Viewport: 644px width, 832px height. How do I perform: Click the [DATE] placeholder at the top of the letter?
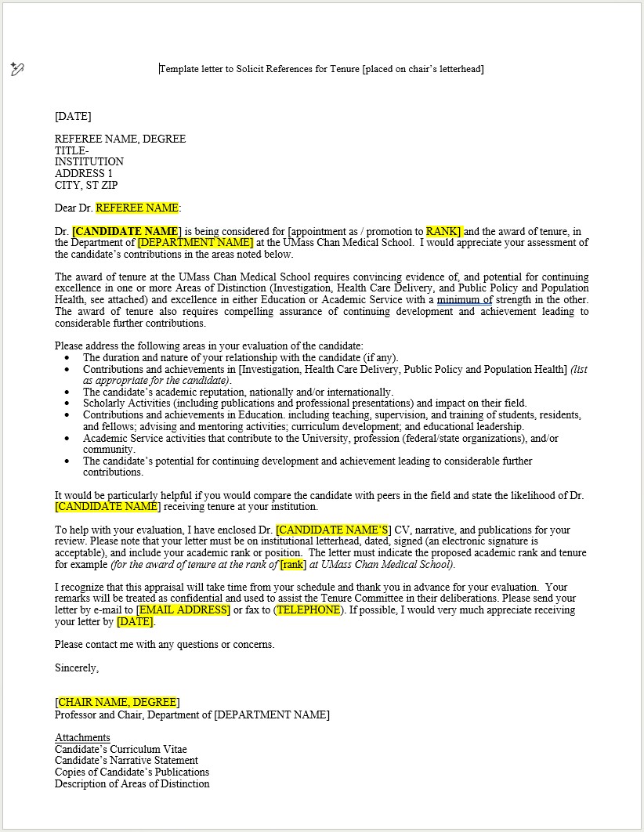[x=73, y=117]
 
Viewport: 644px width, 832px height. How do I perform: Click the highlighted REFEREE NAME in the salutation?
[x=137, y=208]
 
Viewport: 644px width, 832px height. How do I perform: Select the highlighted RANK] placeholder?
[x=443, y=232]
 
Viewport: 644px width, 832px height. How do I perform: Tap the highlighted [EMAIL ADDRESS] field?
[x=183, y=610]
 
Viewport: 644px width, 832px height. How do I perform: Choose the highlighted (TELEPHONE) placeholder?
[x=308, y=610]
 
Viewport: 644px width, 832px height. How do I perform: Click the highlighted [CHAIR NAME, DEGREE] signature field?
[x=118, y=703]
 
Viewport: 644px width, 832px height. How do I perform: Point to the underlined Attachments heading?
[x=82, y=738]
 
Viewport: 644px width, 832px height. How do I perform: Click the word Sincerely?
[x=77, y=668]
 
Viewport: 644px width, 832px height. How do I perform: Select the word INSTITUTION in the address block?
[x=89, y=162]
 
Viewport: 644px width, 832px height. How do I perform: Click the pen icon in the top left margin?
[x=17, y=70]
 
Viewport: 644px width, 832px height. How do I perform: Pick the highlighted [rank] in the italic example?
[x=293, y=565]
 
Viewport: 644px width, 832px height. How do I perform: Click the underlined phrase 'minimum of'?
[x=465, y=300]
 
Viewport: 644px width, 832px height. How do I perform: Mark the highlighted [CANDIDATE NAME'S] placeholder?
[x=333, y=530]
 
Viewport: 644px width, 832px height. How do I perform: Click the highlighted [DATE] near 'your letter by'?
[x=135, y=622]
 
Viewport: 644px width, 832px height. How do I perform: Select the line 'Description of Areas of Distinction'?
[x=132, y=784]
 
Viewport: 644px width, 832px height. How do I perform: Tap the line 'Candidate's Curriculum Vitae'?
[x=121, y=750]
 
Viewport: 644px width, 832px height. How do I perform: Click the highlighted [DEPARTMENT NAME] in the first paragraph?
[x=195, y=243]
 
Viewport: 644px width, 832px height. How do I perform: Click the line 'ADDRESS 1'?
[x=84, y=174]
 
